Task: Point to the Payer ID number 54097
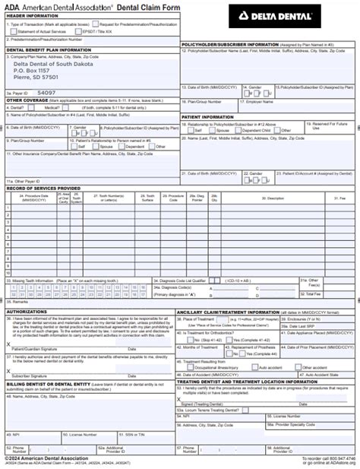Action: (x=46, y=92)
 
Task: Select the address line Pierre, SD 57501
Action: (x=36, y=78)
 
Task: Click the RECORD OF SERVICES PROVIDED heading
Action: (x=43, y=188)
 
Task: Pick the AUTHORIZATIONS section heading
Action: (x=27, y=311)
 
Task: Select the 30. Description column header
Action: (x=274, y=198)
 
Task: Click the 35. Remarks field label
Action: (x=19, y=302)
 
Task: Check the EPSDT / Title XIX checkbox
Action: (x=102, y=30)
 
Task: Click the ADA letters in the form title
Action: (x=14, y=5)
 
